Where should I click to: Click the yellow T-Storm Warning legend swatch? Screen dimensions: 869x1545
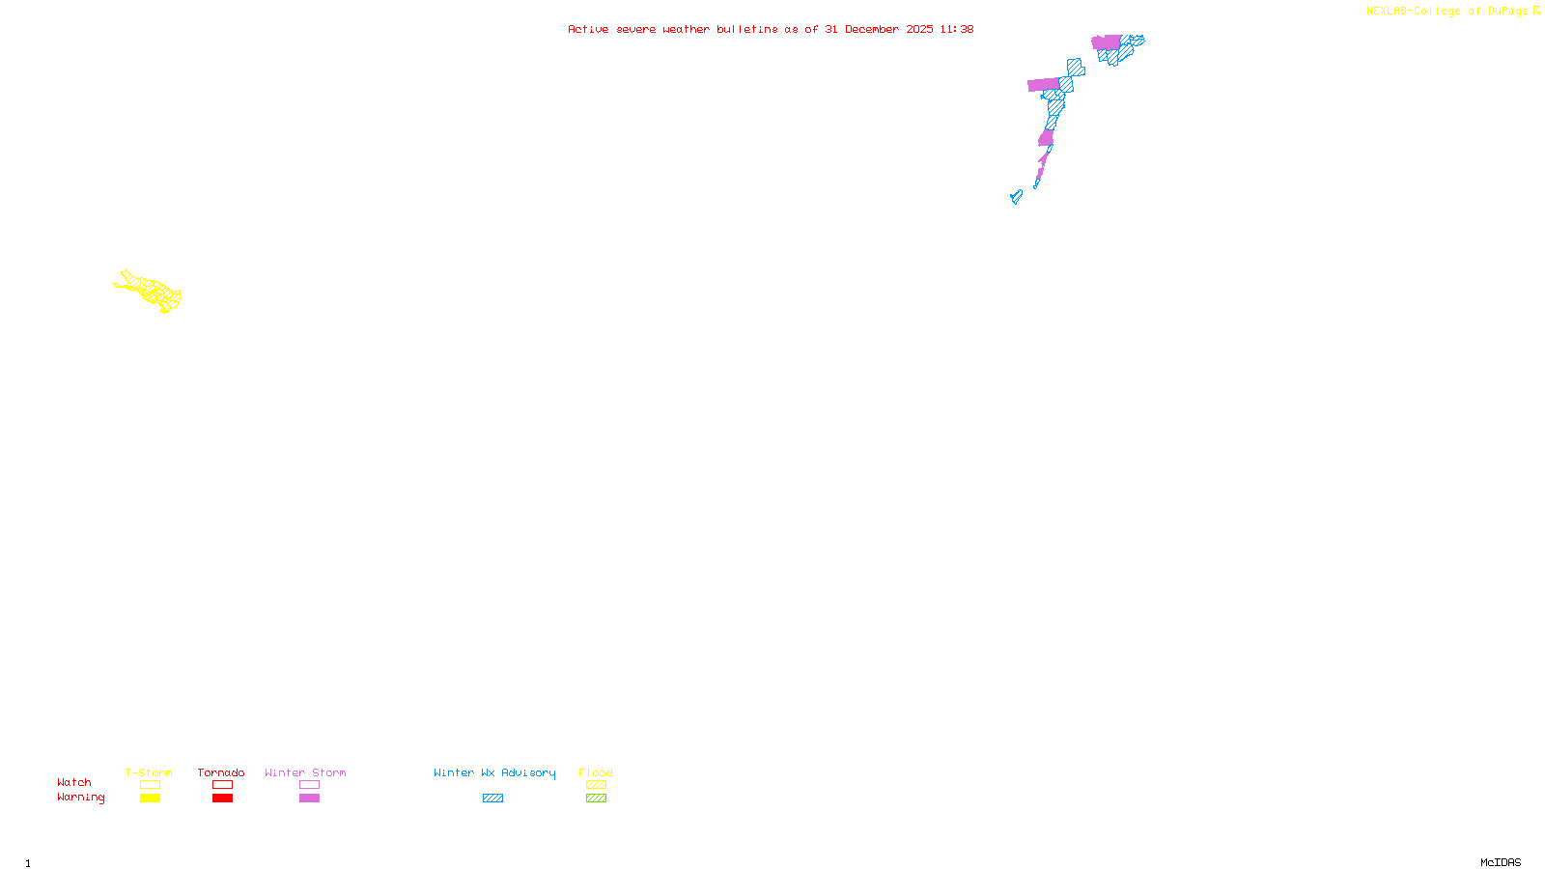coord(150,799)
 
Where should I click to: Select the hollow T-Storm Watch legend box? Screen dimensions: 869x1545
coord(150,785)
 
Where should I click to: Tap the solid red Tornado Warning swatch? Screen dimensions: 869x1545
coord(222,799)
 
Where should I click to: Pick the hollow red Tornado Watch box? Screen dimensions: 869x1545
coord(222,785)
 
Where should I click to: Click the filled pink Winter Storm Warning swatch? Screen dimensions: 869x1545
coord(309,799)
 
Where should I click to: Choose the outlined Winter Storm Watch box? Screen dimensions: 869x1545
coord(309,785)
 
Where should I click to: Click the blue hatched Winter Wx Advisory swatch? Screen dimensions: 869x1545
coord(492,799)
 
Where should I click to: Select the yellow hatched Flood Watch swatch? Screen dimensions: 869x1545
coord(596,785)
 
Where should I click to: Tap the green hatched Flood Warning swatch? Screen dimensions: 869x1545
coord(596,799)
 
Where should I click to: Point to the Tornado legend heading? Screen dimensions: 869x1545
coord(221,772)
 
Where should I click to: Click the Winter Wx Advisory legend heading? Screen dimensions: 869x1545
coord(494,772)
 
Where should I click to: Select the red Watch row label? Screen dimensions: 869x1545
coord(74,782)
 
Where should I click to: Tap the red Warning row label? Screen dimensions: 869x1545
coord(80,798)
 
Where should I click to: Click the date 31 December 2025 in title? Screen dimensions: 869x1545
coord(879,29)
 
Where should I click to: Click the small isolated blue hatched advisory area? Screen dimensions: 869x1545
coord(1016,197)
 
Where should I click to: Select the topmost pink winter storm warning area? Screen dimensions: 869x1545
coord(1106,42)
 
